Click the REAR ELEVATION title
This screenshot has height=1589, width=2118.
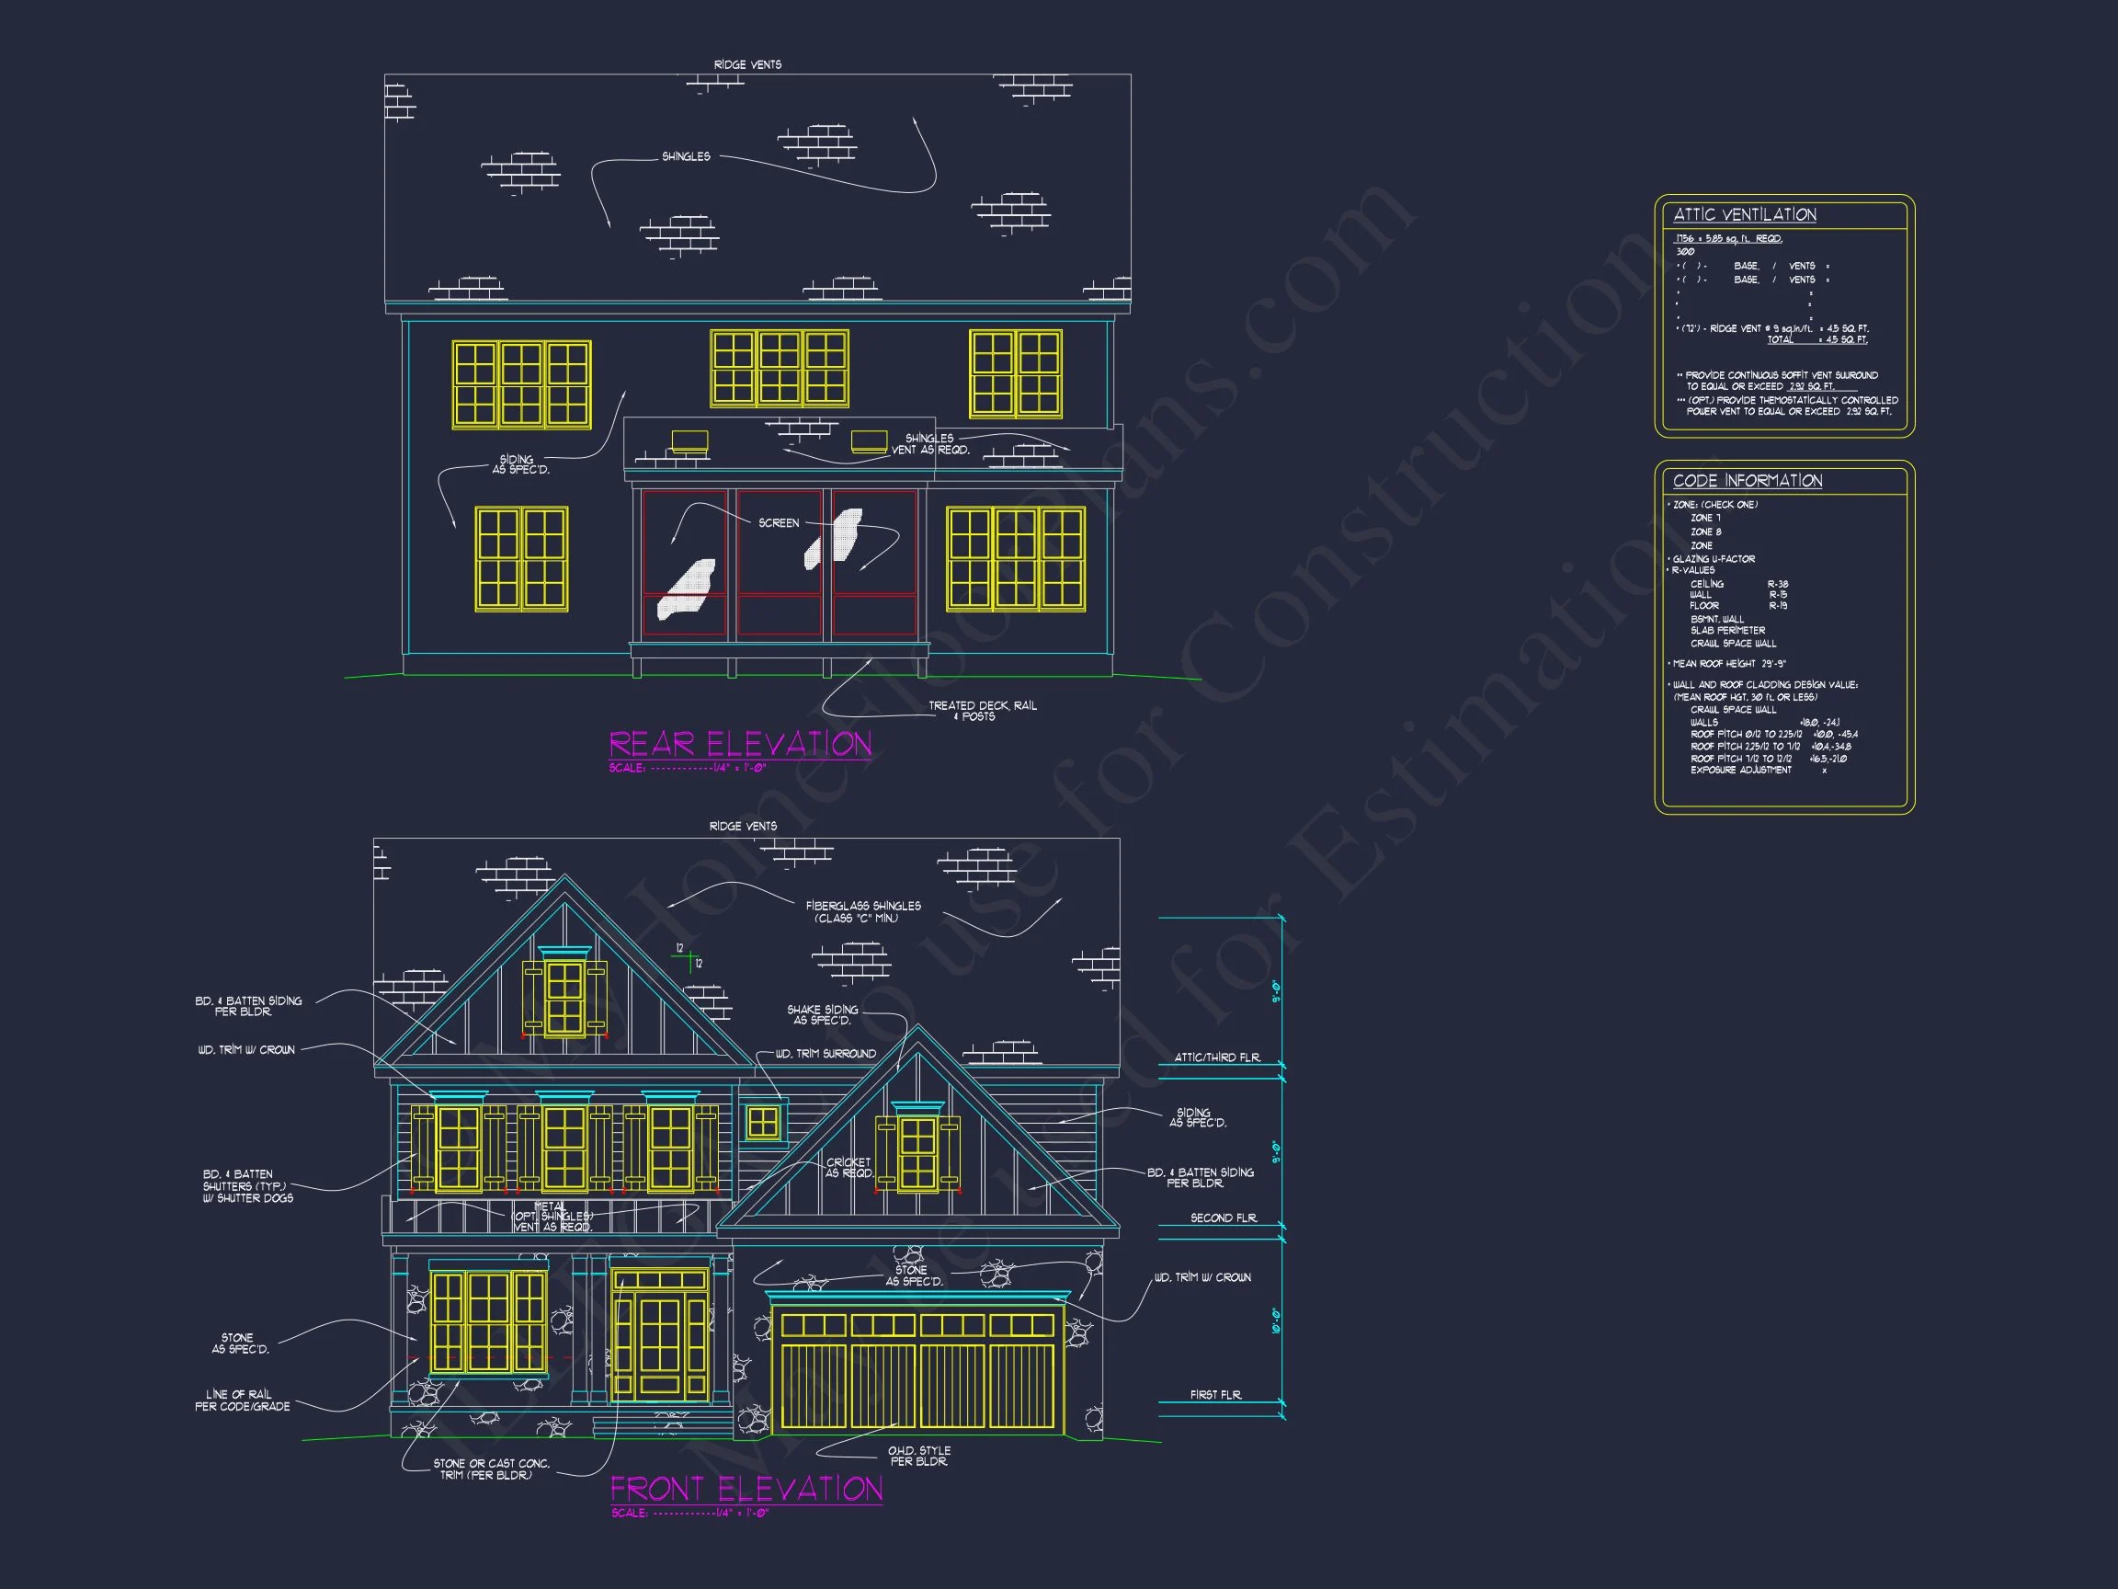pyautogui.click(x=740, y=744)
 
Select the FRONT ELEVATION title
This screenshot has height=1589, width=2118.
pyautogui.click(x=746, y=1489)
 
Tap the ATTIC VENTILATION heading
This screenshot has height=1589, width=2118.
pyautogui.click(x=1745, y=214)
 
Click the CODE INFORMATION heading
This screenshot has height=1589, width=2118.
pyautogui.click(x=1748, y=481)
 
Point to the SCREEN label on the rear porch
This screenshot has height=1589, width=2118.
pyautogui.click(x=779, y=523)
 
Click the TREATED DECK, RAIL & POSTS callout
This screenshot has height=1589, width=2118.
pyautogui.click(x=982, y=711)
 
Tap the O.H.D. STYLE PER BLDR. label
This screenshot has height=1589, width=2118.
pyautogui.click(x=918, y=1456)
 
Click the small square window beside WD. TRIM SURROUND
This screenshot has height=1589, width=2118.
pyautogui.click(x=763, y=1122)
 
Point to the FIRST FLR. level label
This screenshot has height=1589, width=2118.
pyautogui.click(x=1215, y=1395)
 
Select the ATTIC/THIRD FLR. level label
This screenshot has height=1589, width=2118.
pyautogui.click(x=1217, y=1057)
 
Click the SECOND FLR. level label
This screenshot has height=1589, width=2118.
pyautogui.click(x=1223, y=1218)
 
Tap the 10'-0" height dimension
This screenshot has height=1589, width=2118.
pyautogui.click(x=1276, y=1320)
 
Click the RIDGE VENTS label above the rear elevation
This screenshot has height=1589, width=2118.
pyautogui.click(x=746, y=65)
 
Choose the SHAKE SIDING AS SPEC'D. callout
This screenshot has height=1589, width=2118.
pyautogui.click(x=822, y=1015)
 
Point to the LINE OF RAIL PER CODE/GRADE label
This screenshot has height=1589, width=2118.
pyautogui.click(x=243, y=1400)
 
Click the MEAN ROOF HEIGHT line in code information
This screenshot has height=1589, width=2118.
pyautogui.click(x=1728, y=664)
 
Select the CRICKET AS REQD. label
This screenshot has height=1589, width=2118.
pyautogui.click(x=848, y=1168)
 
